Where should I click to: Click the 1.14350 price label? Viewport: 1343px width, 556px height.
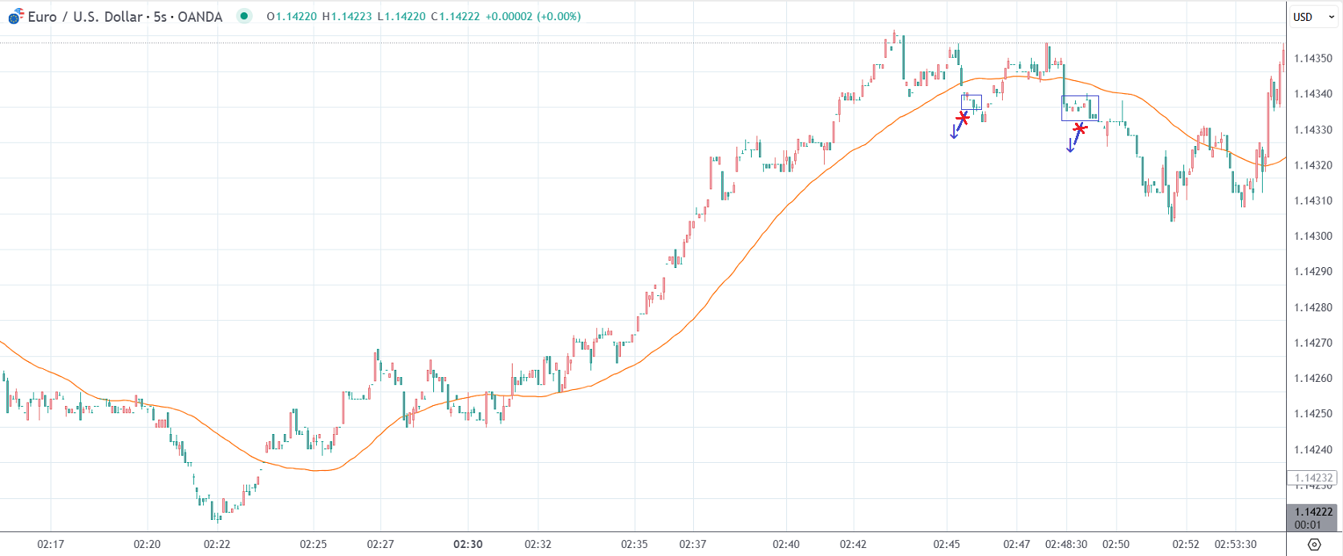click(x=1313, y=59)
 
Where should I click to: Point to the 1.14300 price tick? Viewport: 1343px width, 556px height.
click(x=1313, y=236)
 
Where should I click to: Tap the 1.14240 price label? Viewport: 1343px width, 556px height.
click(x=1313, y=449)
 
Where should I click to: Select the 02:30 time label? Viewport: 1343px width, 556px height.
click(x=468, y=544)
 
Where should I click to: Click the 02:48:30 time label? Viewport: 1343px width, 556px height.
click(x=1066, y=544)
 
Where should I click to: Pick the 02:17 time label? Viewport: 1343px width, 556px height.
click(x=51, y=544)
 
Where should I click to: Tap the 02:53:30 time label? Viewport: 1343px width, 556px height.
click(x=1235, y=544)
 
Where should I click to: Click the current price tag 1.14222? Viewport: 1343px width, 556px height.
click(x=1313, y=512)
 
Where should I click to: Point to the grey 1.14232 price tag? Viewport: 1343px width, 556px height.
click(x=1313, y=478)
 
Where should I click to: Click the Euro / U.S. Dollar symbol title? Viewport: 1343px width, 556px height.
click(x=124, y=17)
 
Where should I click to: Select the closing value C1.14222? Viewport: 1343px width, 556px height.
click(x=456, y=17)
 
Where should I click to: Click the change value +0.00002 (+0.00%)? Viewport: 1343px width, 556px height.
click(x=533, y=17)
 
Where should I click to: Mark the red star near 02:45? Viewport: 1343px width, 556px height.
click(x=963, y=118)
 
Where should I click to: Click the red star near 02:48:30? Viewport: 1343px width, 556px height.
click(x=1080, y=128)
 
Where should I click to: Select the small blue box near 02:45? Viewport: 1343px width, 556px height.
click(x=972, y=103)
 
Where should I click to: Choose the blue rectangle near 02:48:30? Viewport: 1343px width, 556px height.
click(x=1080, y=108)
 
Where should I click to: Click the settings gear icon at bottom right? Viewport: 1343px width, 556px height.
click(x=1313, y=544)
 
